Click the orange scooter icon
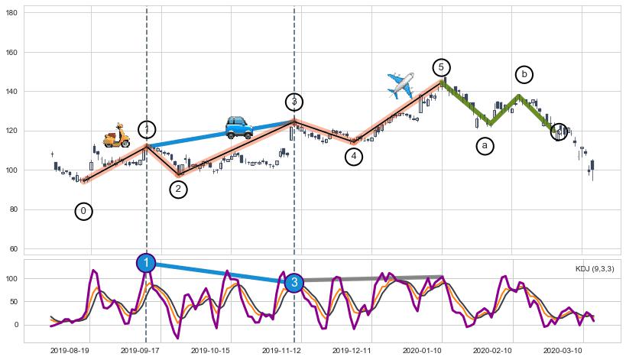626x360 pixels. [116, 135]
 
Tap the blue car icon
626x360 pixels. [238, 126]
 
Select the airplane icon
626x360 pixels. [401, 85]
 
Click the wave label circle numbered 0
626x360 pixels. [84, 211]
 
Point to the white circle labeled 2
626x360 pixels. [178, 189]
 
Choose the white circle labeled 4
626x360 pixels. [353, 157]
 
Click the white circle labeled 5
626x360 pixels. [441, 67]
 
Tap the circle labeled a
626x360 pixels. [485, 146]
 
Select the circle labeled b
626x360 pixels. [524, 74]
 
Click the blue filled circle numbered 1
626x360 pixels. [146, 263]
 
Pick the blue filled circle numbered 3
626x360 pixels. [294, 283]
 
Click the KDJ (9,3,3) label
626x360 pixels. [594, 269]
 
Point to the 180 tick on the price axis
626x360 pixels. [11, 14]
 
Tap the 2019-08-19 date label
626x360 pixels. [70, 349]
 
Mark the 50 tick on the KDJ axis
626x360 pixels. [14, 302]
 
